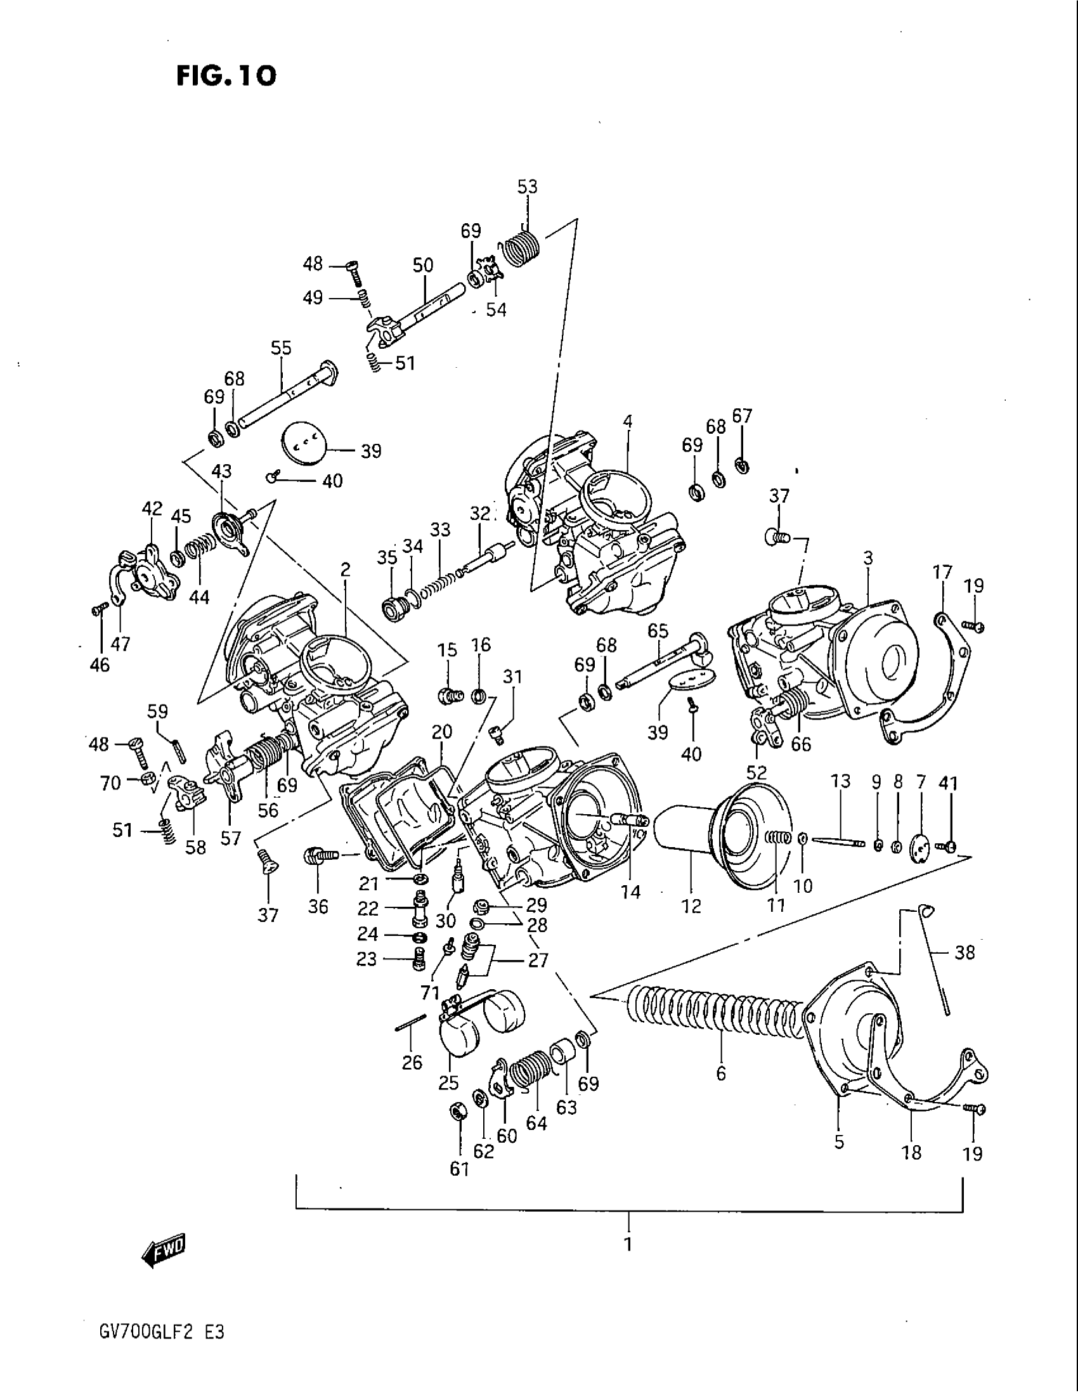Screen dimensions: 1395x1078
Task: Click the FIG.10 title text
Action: (227, 76)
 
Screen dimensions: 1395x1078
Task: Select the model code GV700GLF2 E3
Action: (159, 1334)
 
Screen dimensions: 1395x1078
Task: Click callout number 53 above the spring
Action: (528, 187)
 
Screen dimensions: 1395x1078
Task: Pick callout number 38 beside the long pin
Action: (964, 952)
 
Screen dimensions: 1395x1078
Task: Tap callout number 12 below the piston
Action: (692, 905)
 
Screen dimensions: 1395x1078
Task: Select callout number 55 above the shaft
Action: (281, 348)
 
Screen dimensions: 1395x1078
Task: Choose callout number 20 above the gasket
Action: (441, 732)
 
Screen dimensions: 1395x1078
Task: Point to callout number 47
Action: (120, 644)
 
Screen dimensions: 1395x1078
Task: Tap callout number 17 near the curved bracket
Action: (942, 572)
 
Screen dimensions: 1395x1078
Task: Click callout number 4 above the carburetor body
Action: (628, 422)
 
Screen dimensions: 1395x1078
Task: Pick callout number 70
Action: (111, 782)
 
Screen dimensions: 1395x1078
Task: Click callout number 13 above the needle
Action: (841, 781)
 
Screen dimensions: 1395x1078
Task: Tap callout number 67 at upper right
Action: (742, 417)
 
